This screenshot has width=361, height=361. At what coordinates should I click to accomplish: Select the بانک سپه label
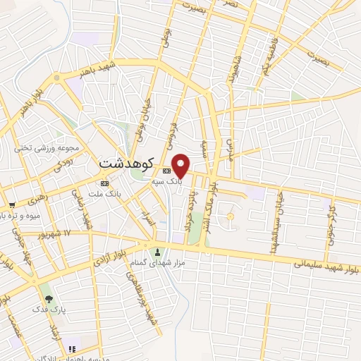(x=168, y=181)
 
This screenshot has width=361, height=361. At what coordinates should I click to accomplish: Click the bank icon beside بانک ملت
(x=105, y=184)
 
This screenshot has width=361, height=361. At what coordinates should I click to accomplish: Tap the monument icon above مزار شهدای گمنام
(x=157, y=252)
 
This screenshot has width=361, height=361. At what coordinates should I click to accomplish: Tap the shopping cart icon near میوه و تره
(x=12, y=206)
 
